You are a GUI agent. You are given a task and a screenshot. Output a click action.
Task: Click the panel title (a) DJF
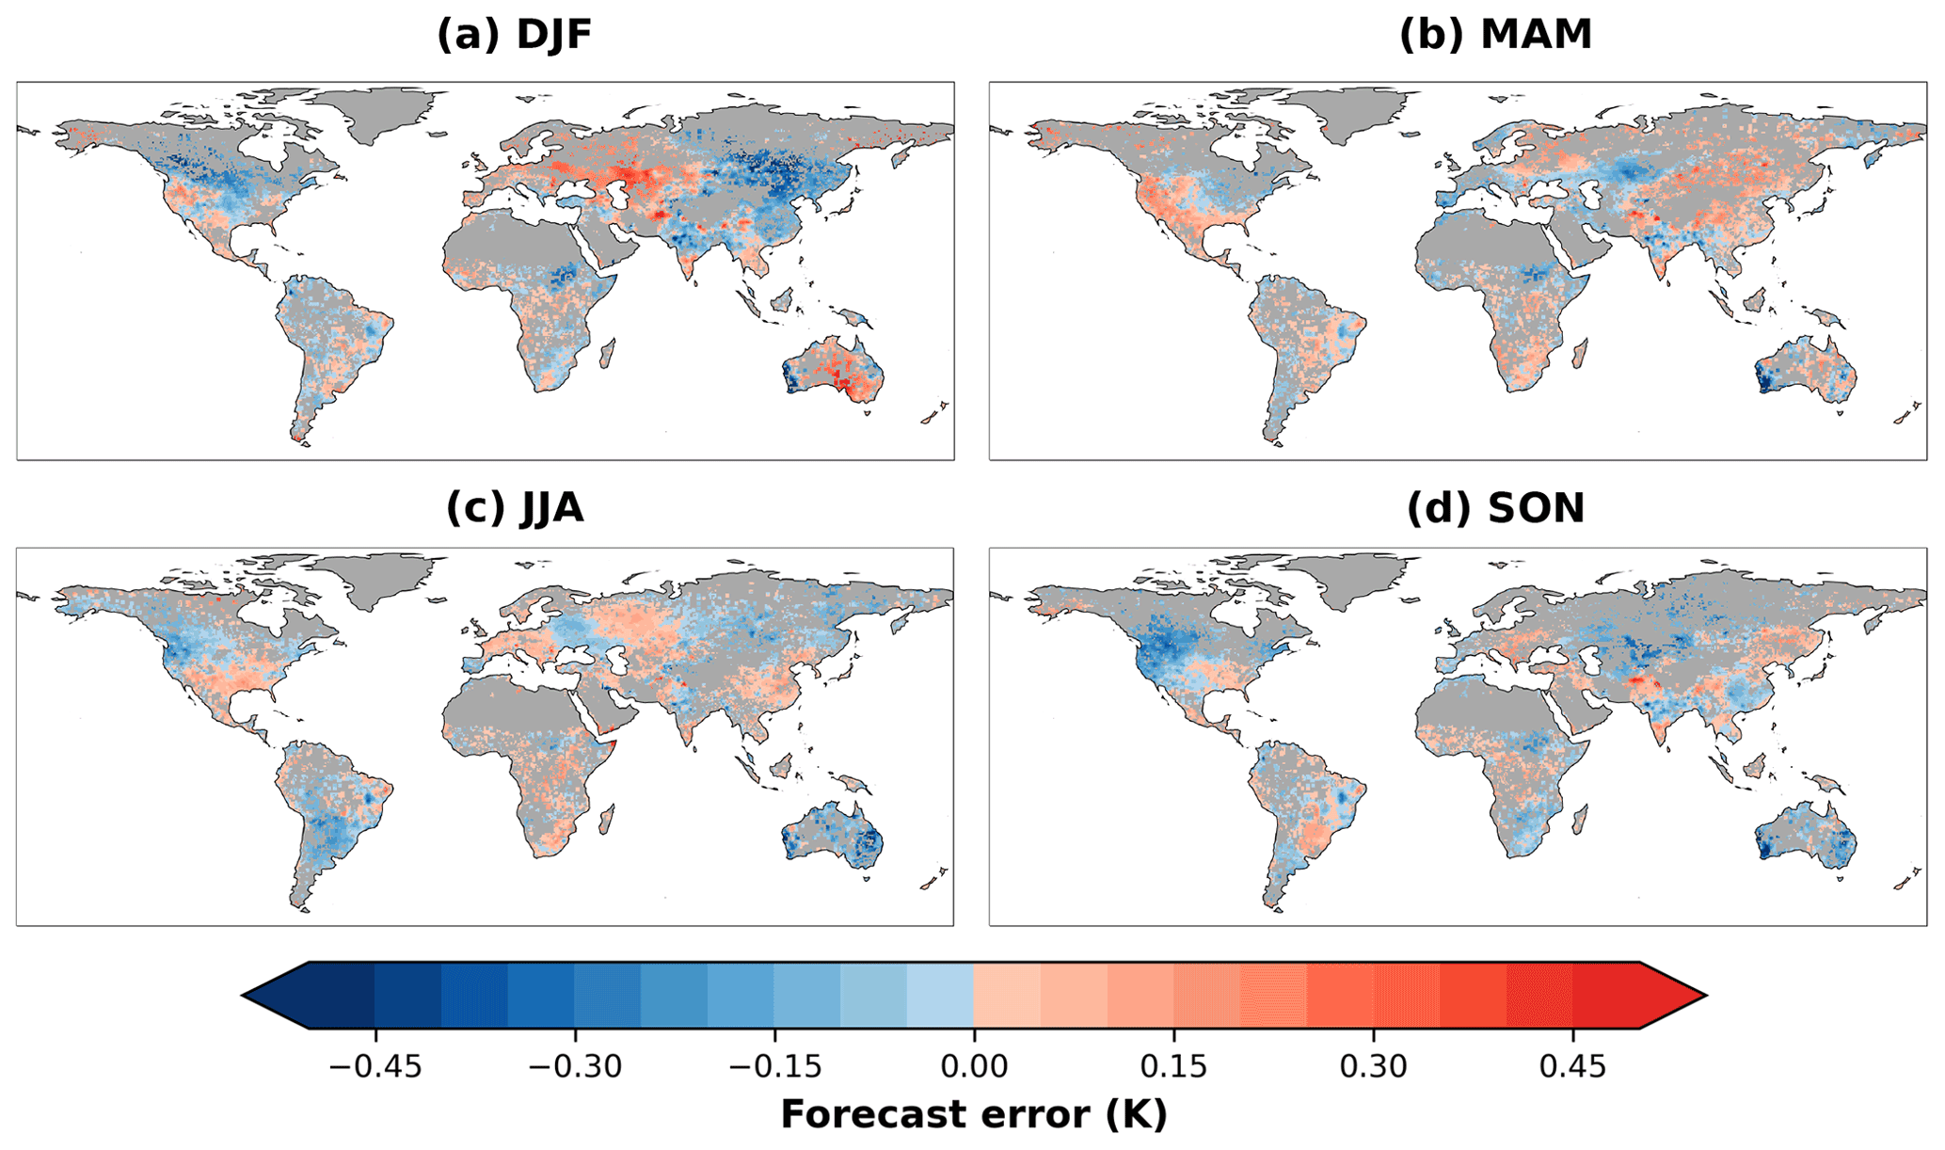(514, 35)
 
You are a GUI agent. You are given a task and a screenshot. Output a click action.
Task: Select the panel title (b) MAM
(1495, 35)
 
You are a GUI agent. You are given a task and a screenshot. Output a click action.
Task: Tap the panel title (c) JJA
(514, 508)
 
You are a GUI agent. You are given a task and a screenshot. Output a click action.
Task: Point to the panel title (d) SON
(1495, 508)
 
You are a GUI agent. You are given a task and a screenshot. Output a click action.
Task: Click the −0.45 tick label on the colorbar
(375, 1066)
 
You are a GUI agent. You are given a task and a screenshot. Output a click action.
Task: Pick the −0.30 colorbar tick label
(575, 1066)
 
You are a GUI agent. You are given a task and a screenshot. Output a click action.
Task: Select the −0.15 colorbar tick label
(775, 1066)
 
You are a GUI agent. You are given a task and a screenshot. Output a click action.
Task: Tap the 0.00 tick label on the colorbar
(974, 1066)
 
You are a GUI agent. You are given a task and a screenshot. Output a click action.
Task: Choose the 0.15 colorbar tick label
(1173, 1066)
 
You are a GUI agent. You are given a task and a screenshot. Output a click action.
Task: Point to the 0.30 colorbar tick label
(1373, 1066)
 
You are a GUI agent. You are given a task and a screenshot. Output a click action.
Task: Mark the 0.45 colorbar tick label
(1572, 1066)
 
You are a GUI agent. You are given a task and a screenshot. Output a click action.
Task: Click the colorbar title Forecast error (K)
(974, 1115)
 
